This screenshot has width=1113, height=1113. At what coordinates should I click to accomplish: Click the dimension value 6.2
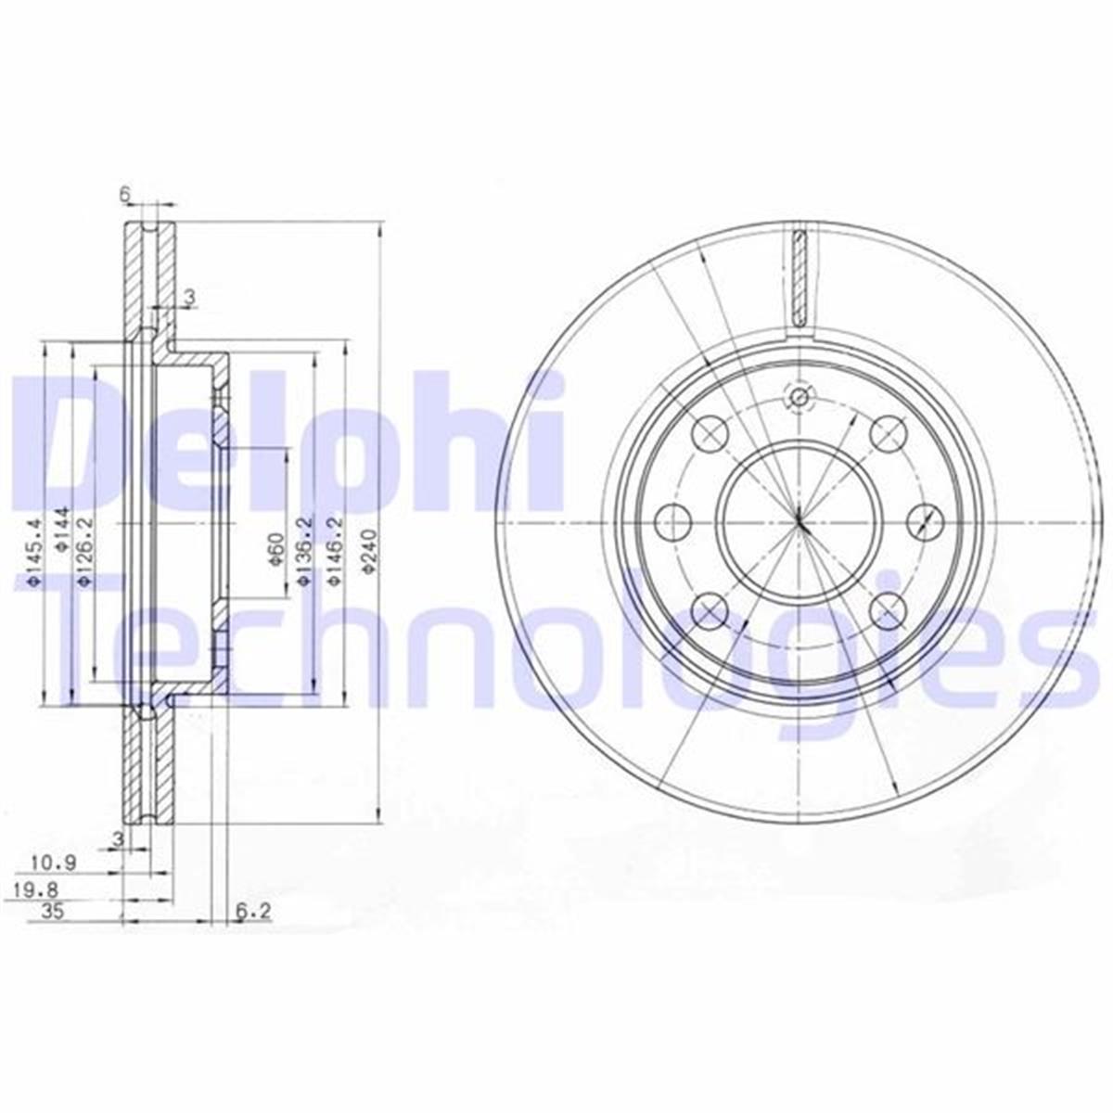coord(252,912)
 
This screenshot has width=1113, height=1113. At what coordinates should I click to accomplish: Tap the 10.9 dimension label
coord(52,863)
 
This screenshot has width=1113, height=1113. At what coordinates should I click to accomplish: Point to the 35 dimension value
coord(52,912)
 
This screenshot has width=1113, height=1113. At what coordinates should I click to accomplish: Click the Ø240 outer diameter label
coord(369,555)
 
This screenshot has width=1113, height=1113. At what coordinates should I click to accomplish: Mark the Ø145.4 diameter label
coord(34,554)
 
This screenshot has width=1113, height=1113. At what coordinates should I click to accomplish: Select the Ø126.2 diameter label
coord(83,554)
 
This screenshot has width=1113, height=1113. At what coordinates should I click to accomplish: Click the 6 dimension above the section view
coord(123,194)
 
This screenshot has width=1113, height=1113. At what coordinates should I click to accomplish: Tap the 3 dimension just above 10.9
coord(117,838)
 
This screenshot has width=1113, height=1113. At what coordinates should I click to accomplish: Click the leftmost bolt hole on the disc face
coord(672,522)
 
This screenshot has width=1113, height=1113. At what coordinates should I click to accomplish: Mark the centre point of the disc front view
coord(799,521)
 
